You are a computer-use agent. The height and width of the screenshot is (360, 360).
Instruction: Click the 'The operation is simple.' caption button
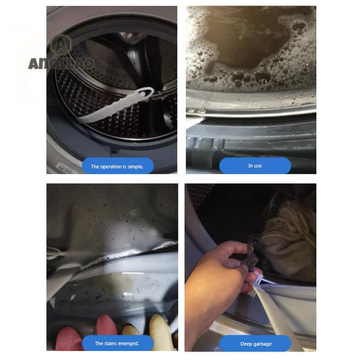pos(118,166)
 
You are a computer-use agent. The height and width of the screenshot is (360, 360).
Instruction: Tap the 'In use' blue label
pos(255,166)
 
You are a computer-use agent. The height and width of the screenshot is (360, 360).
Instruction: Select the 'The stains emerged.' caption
pos(117,343)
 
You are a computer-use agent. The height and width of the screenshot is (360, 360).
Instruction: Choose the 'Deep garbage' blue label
pos(255,343)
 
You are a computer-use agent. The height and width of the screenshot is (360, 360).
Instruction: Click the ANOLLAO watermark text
pos(61,63)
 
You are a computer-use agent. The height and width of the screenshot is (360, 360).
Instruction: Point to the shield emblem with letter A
pos(61,45)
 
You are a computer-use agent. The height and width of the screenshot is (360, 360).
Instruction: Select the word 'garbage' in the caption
pos(262,344)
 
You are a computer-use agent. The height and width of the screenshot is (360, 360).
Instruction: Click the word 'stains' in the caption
pos(110,343)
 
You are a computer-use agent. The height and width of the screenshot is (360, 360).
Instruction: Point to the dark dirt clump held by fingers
pos(251,256)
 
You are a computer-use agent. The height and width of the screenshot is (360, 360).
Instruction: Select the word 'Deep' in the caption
pos(246,344)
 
